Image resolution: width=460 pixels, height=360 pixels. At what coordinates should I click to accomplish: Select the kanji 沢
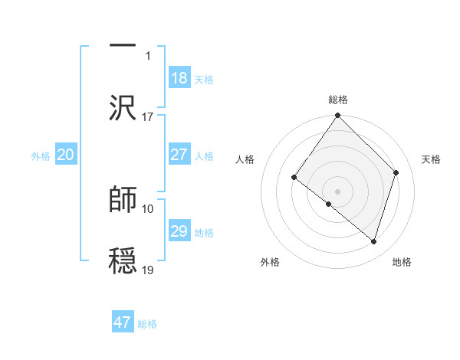[x=123, y=107]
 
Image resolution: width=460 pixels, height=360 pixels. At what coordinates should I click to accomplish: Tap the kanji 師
[x=123, y=199]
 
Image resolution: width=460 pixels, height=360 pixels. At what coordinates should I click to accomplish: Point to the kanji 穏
[x=123, y=260]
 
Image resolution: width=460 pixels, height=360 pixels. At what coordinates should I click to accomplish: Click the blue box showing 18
[x=179, y=78]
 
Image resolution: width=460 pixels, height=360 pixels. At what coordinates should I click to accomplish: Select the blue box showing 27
[x=179, y=155]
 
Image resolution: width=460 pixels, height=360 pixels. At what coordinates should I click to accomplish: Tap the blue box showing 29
[x=179, y=231]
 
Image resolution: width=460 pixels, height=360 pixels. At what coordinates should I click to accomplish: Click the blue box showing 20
[x=65, y=155]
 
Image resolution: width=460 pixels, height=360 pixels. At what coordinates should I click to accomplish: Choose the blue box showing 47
[x=122, y=322]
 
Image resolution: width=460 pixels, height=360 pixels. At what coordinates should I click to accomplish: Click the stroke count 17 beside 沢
[x=148, y=117]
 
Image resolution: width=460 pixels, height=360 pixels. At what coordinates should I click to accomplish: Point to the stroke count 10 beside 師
[x=148, y=208]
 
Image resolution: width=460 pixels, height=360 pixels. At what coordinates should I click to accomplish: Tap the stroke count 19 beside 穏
[x=148, y=270]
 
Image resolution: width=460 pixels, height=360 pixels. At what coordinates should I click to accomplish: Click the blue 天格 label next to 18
[x=204, y=80]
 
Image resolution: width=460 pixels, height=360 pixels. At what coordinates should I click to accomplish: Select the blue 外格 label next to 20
[x=41, y=156]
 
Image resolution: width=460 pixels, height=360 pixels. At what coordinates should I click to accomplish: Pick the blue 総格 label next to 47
[x=147, y=324]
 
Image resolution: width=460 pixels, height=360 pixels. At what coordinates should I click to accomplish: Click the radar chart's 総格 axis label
[x=338, y=100]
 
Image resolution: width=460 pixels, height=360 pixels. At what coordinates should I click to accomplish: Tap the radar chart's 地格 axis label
[x=402, y=262]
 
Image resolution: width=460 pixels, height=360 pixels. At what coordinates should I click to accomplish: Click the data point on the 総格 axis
[x=338, y=116]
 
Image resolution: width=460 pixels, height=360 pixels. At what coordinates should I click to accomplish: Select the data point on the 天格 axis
[x=396, y=172]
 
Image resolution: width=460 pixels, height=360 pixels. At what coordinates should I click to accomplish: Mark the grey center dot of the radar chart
[x=338, y=191]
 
